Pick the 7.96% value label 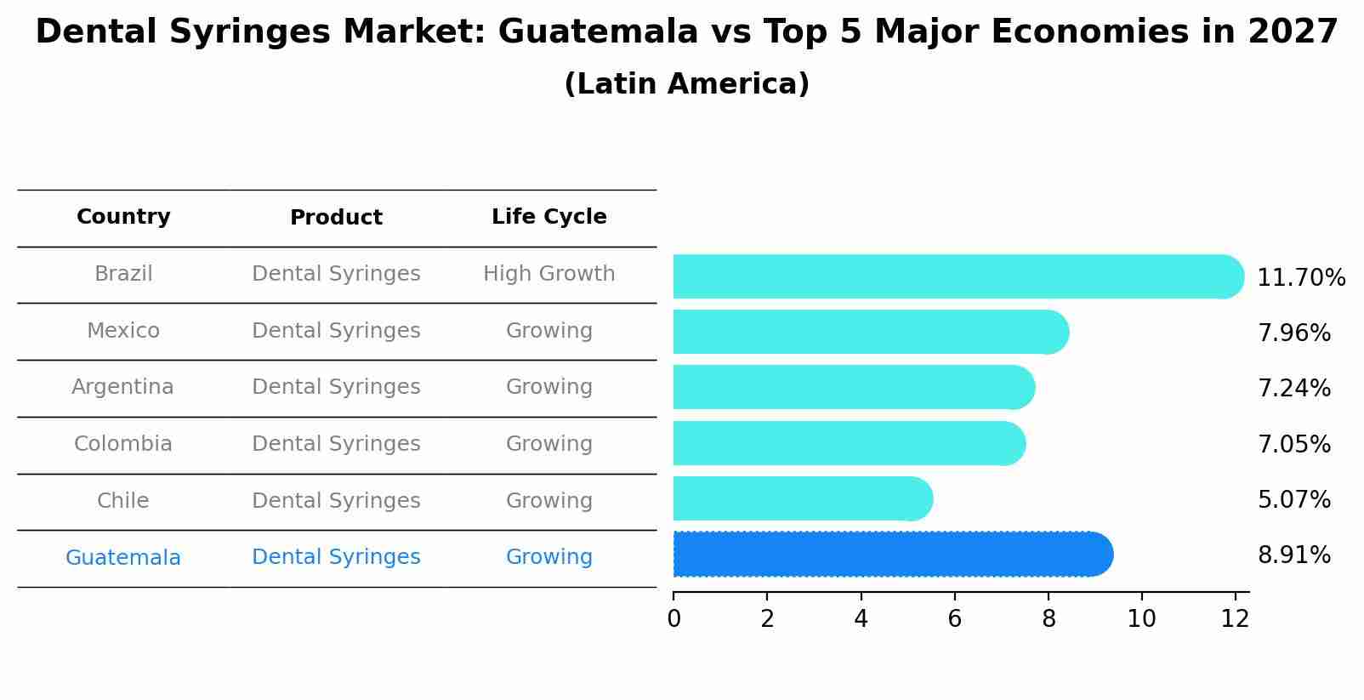pyautogui.click(x=1293, y=333)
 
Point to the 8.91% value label pyautogui.click(x=1293, y=555)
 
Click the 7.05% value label pyautogui.click(x=1293, y=444)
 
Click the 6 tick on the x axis pyautogui.click(x=954, y=619)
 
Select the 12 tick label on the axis pyautogui.click(x=1235, y=619)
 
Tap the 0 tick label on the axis pyautogui.click(x=673, y=619)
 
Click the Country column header pyautogui.click(x=123, y=217)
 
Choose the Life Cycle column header pyautogui.click(x=548, y=217)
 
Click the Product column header pyautogui.click(x=336, y=218)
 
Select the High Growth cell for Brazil pyautogui.click(x=548, y=274)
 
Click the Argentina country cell pyautogui.click(x=122, y=387)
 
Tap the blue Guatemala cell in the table pyautogui.click(x=122, y=558)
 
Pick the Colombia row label pyautogui.click(x=122, y=444)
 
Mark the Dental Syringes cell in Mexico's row pyautogui.click(x=336, y=331)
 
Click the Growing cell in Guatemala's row pyautogui.click(x=548, y=557)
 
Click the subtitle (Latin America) pyautogui.click(x=686, y=84)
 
